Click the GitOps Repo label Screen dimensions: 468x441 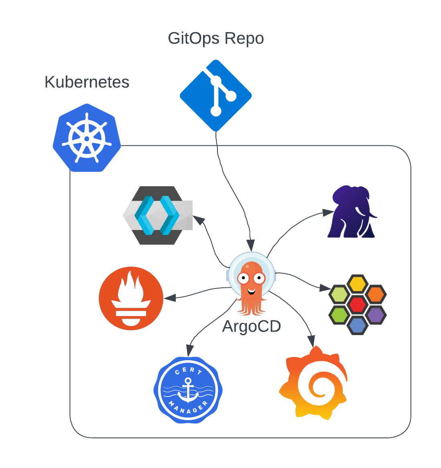tap(216, 39)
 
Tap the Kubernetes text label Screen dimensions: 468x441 tap(87, 82)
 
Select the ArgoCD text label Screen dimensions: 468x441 tap(251, 326)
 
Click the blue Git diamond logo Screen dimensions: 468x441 tap(216, 96)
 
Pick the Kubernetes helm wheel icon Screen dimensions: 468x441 tap(87, 138)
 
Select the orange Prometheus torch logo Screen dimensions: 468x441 tap(131, 298)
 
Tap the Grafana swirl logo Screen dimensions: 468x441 tap(313, 383)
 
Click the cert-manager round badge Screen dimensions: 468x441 tap(188, 389)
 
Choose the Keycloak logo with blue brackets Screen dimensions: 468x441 tap(158, 215)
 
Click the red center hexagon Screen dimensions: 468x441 tap(357, 305)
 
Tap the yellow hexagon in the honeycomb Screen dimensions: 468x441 tap(357, 284)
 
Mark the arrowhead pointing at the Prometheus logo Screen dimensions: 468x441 tap(169, 298)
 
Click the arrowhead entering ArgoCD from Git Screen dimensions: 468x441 tap(251, 245)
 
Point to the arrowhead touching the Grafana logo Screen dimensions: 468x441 tap(311, 340)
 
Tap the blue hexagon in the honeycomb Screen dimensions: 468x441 tap(357, 325)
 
